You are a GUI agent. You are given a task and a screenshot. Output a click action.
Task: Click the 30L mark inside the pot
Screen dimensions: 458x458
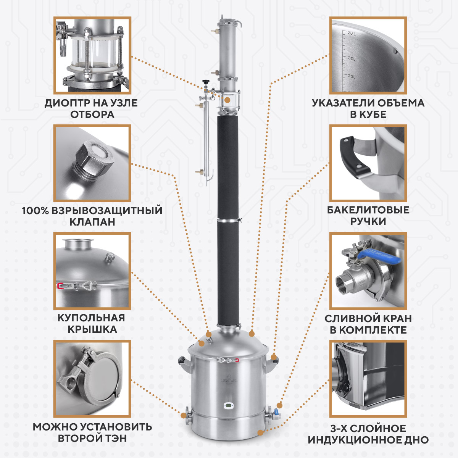(x=351, y=58)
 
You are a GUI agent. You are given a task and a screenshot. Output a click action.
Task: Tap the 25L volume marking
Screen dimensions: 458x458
(x=351, y=76)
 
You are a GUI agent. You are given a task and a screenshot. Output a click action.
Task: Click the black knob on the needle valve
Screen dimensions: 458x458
(x=205, y=82)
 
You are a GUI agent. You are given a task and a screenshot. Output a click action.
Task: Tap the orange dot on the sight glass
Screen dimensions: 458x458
(x=227, y=100)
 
